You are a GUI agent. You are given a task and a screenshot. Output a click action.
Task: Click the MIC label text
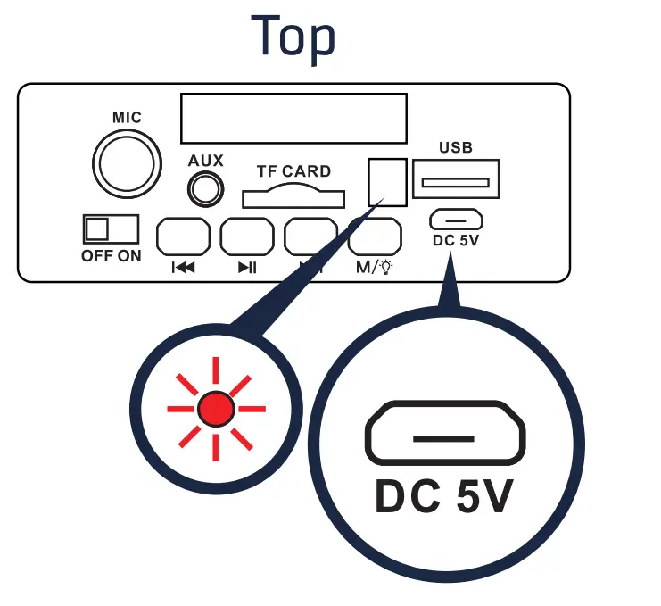pyautogui.click(x=127, y=118)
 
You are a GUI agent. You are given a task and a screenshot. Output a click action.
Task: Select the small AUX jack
pyautogui.click(x=205, y=189)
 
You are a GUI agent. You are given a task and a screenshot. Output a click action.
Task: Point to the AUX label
pyautogui.click(x=205, y=162)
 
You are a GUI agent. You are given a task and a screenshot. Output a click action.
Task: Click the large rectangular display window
pyautogui.click(x=293, y=119)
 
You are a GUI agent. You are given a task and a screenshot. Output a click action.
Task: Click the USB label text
pyautogui.click(x=456, y=147)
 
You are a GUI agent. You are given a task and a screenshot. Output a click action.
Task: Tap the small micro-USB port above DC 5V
pyautogui.click(x=456, y=219)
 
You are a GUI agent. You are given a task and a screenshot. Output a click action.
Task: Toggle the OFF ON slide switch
pyautogui.click(x=112, y=228)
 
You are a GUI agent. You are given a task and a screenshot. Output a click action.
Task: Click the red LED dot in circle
pyautogui.click(x=216, y=409)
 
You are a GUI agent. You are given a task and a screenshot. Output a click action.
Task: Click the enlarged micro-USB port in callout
pyautogui.click(x=444, y=437)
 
